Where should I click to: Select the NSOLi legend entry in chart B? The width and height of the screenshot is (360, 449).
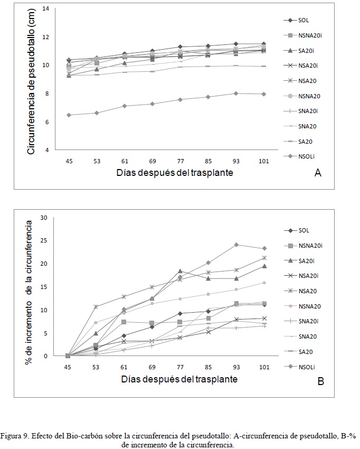tap(299, 367)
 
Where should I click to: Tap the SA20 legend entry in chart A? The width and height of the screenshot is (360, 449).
tap(298, 142)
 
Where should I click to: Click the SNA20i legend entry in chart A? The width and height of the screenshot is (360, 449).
tap(301, 111)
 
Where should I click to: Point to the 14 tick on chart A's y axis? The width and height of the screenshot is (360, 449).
tap(45, 8)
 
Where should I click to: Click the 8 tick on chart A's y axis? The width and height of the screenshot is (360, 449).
tap(47, 93)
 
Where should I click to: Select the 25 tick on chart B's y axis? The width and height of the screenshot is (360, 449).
tap(43, 240)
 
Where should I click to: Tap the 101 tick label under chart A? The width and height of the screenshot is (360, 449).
tap(264, 161)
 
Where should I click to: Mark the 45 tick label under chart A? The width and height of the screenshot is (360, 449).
tap(69, 161)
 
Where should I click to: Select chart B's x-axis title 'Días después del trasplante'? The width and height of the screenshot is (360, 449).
tap(179, 379)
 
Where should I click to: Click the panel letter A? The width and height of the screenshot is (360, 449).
tap(318, 173)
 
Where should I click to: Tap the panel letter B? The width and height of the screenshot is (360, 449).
tap(320, 381)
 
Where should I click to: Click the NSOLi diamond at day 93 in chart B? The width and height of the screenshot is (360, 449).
tap(236, 245)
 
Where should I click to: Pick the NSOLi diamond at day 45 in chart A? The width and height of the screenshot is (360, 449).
tap(69, 115)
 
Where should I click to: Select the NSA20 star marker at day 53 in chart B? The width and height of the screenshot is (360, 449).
tap(96, 307)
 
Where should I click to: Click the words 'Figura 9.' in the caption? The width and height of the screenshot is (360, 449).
tap(14, 436)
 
